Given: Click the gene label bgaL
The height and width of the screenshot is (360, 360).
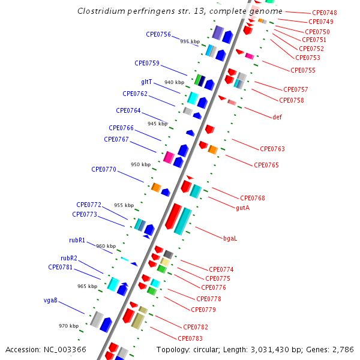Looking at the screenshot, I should tap(230, 238).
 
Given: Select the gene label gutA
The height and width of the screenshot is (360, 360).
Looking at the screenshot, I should tap(243, 208).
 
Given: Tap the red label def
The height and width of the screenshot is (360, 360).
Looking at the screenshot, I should tap(277, 117).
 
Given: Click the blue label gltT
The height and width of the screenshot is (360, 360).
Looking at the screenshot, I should tap(146, 82).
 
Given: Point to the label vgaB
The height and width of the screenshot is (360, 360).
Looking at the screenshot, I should tap(50, 300).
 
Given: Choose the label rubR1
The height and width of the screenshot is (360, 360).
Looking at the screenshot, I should tap(77, 240).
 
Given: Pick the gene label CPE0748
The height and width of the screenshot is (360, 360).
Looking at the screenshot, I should tap(325, 13).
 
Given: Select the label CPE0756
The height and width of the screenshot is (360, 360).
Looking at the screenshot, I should tap(158, 34).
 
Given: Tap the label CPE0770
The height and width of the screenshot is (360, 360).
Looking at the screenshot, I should tap(104, 169).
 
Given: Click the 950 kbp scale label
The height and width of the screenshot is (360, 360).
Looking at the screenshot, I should tap(140, 164).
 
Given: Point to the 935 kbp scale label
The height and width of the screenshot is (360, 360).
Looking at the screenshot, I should tap(190, 41).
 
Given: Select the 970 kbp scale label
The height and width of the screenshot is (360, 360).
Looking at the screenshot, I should tap(68, 326).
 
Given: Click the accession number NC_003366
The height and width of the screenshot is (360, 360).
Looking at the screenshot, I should tap(62, 349).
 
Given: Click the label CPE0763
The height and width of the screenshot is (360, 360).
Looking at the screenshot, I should tap(272, 149).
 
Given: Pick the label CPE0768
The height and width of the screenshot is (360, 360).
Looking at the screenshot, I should tap(253, 198).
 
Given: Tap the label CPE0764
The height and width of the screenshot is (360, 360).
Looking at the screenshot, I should tap(128, 110).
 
